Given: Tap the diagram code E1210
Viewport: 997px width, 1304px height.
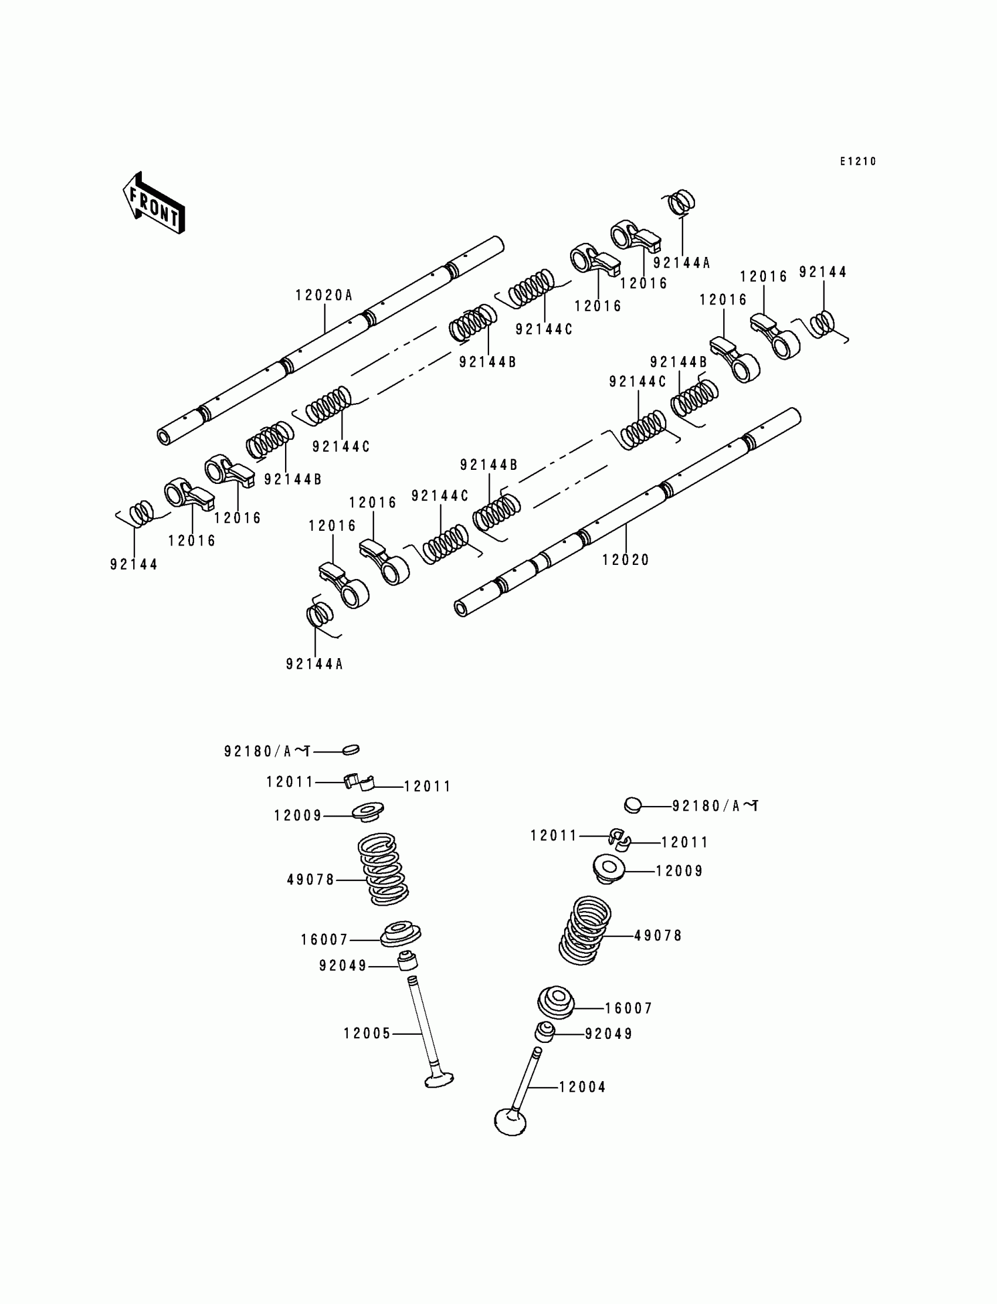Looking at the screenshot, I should [857, 161].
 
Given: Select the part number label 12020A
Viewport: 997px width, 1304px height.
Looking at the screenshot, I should [324, 295].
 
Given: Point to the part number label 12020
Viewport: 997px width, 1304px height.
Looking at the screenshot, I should [626, 560].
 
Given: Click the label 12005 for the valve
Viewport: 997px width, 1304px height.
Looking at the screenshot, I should [367, 1034].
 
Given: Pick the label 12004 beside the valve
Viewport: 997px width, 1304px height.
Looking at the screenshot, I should [582, 1087].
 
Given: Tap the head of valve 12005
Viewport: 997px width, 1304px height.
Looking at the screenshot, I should [439, 1080].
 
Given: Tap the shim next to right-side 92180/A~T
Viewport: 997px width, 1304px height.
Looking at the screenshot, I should [633, 805].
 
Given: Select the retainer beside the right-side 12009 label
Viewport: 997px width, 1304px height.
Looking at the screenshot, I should [609, 868].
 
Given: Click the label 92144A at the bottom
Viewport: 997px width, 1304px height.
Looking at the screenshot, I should [314, 664].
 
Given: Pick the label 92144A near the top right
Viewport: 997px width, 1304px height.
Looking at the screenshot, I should [681, 263].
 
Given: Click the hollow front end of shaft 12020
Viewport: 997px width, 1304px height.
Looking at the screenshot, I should [460, 608].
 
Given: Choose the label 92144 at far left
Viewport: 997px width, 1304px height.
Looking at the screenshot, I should [134, 564].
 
